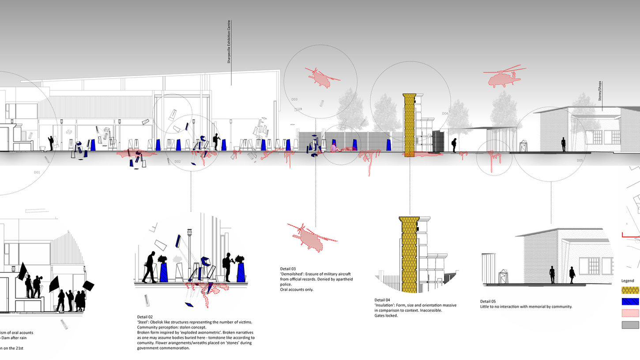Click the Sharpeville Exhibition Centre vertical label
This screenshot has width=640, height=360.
pyautogui.click(x=229, y=42)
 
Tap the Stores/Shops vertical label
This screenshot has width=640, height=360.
pyautogui.click(x=600, y=91)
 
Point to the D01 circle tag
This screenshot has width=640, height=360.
pyautogui.click(x=37, y=172)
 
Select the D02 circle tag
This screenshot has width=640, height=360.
pyautogui.click(x=177, y=162)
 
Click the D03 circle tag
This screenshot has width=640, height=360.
pyautogui.click(x=294, y=99)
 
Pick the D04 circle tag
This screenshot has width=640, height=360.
pyautogui.click(x=445, y=114)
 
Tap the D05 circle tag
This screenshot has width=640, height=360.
pyautogui.click(x=580, y=160)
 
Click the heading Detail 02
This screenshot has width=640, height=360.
pyautogui.click(x=145, y=317)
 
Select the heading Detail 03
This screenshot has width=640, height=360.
pyautogui.click(x=288, y=269)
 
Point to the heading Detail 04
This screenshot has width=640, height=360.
pyautogui.click(x=382, y=300)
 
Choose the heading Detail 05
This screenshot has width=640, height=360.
pyautogui.click(x=488, y=301)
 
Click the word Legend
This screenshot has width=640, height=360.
pyautogui.click(x=628, y=281)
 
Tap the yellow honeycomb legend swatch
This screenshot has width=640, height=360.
pyautogui.click(x=630, y=290)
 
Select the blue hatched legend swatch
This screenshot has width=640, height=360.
pyautogui.click(x=630, y=302)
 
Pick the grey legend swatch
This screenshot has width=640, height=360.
pyautogui.click(x=630, y=325)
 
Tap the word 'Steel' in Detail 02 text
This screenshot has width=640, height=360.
pyautogui.click(x=144, y=322)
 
